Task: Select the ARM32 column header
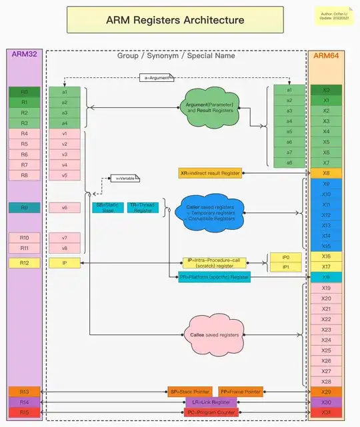(25, 55)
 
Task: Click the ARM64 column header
(326, 55)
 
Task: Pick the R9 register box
(25, 208)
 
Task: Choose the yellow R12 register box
(25, 263)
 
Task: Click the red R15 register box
(25, 412)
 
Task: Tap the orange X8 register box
(326, 173)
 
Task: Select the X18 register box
(326, 277)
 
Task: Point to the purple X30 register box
(326, 402)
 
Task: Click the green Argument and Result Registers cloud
(209, 106)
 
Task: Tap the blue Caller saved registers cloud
(211, 211)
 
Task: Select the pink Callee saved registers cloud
(210, 334)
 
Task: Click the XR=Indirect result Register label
(210, 173)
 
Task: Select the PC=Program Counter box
(210, 412)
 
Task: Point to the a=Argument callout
(157, 79)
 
